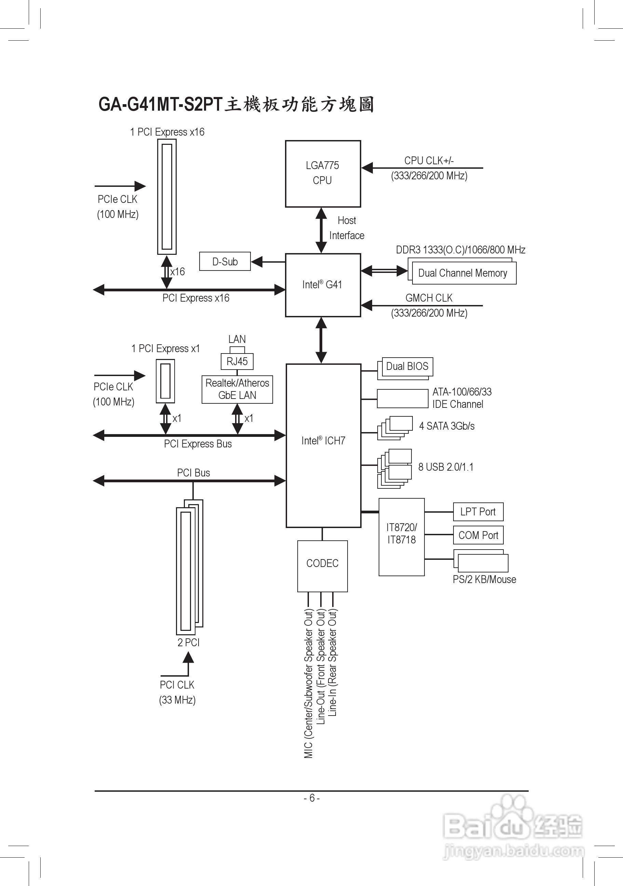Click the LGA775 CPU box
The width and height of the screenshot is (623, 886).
click(323, 174)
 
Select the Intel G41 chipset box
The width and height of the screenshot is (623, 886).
click(323, 285)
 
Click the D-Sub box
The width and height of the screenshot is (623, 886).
click(225, 262)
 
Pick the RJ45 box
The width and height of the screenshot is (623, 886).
click(237, 362)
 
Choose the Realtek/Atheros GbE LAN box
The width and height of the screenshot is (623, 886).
click(237, 389)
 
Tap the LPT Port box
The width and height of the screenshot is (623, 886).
click(478, 512)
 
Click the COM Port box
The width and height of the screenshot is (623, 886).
click(478, 535)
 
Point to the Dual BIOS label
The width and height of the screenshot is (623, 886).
click(407, 366)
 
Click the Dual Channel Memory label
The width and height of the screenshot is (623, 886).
click(462, 273)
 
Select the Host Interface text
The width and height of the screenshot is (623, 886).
click(347, 228)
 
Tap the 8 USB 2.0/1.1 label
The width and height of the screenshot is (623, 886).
click(446, 467)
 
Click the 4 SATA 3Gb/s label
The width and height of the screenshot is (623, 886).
click(447, 426)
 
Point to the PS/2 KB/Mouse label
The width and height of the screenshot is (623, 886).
click(485, 579)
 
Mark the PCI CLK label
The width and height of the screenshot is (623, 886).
click(177, 685)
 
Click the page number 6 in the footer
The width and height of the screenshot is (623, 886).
click(312, 798)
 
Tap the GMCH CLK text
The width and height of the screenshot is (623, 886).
click(429, 298)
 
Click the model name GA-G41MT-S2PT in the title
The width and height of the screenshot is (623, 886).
click(161, 105)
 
